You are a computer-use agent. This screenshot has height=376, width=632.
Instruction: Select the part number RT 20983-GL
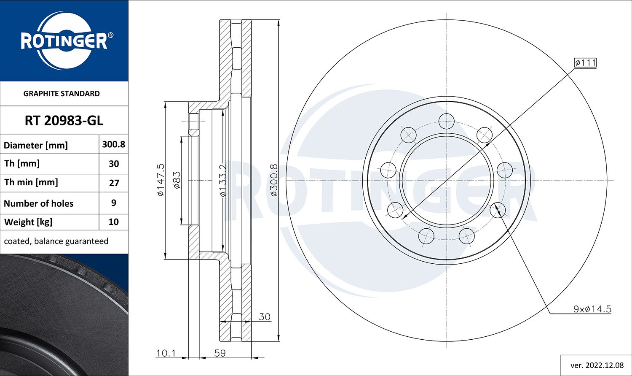(x=64, y=121)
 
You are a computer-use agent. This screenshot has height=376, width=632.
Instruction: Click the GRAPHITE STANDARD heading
(x=62, y=94)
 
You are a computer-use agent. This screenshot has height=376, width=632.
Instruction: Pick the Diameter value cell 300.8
(x=113, y=144)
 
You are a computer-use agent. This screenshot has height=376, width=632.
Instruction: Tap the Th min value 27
(x=113, y=183)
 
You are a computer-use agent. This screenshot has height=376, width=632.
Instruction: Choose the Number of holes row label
(x=39, y=203)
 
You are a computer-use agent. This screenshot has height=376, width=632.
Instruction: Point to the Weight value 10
(x=113, y=222)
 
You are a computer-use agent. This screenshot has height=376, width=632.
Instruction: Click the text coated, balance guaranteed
(x=56, y=241)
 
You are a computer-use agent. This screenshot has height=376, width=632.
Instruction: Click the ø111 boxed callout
(x=585, y=63)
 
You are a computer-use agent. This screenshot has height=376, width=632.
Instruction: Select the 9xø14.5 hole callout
(x=592, y=309)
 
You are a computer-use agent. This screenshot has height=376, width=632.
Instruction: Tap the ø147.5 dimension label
(x=161, y=180)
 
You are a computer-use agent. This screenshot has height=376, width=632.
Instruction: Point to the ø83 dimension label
(x=177, y=180)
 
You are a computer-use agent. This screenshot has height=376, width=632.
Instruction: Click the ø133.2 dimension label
(x=223, y=180)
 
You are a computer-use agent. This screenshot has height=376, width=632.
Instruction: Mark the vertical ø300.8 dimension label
(x=274, y=180)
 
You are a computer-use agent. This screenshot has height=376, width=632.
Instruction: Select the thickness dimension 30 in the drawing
(x=264, y=316)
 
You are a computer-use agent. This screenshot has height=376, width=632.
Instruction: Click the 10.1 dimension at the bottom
(x=166, y=353)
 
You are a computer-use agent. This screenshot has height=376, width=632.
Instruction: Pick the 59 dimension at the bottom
(x=220, y=353)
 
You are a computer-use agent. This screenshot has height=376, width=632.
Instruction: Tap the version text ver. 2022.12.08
(x=596, y=365)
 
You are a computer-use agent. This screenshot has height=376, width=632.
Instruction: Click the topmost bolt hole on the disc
(x=446, y=122)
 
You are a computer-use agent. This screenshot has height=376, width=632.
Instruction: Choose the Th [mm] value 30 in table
(x=113, y=164)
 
